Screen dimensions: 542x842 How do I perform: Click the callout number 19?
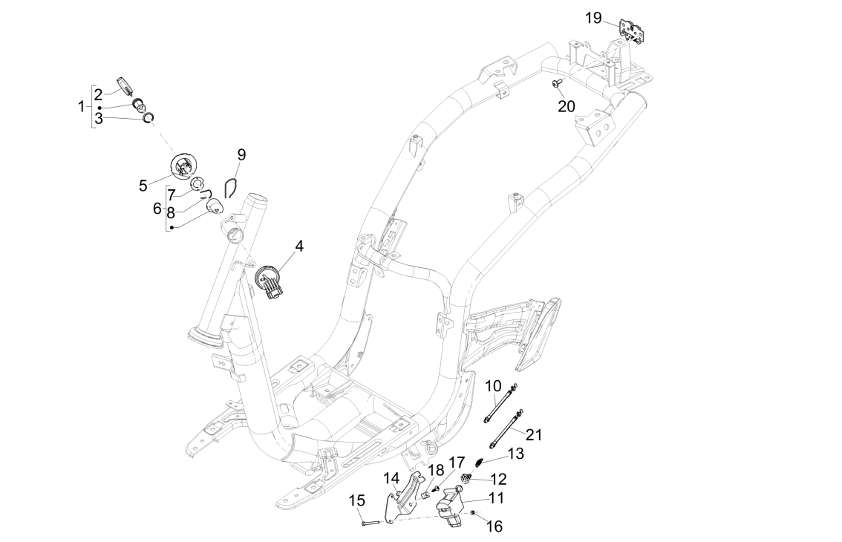tap(593, 18)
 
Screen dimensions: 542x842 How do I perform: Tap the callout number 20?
tap(567, 106)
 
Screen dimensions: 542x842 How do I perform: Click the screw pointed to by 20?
tap(555, 85)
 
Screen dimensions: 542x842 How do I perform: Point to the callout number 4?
tap(298, 245)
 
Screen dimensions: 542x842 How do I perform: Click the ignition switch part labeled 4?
tap(269, 281)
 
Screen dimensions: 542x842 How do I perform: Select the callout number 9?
tap(241, 154)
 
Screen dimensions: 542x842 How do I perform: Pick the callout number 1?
tap(82, 107)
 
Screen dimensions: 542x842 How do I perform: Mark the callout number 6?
tap(157, 209)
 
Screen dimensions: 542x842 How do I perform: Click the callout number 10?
tap(494, 385)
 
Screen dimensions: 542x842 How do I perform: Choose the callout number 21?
tap(534, 434)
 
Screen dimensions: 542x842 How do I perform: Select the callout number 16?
tap(494, 526)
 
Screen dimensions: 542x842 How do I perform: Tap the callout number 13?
tap(515, 453)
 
